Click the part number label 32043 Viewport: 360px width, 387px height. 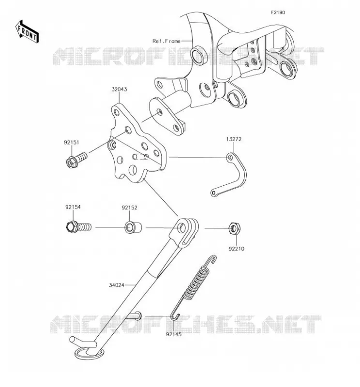click(119, 89)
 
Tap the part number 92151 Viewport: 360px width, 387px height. click(72, 142)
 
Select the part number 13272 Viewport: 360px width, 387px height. click(234, 139)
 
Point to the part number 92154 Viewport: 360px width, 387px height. click(73, 207)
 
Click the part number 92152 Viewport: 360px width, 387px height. click(129, 208)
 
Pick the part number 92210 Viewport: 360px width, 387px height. click(236, 249)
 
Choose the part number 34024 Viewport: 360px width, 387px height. click(117, 285)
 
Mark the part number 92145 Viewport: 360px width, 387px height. click(174, 334)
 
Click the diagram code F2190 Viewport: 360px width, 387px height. click(278, 13)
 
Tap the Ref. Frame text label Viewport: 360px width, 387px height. click(166, 41)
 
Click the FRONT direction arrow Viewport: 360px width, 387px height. click(27, 31)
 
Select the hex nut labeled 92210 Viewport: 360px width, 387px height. click(234, 228)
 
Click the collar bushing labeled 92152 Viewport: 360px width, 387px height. click(134, 227)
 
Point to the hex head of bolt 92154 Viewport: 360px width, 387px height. click(72, 226)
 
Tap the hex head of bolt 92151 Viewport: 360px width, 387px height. click(72, 162)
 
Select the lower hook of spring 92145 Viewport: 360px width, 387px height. click(175, 316)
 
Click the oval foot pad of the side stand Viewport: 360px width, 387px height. click(89, 354)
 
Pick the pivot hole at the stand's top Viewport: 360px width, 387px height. click(182, 227)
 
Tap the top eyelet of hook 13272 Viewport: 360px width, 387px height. click(230, 157)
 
